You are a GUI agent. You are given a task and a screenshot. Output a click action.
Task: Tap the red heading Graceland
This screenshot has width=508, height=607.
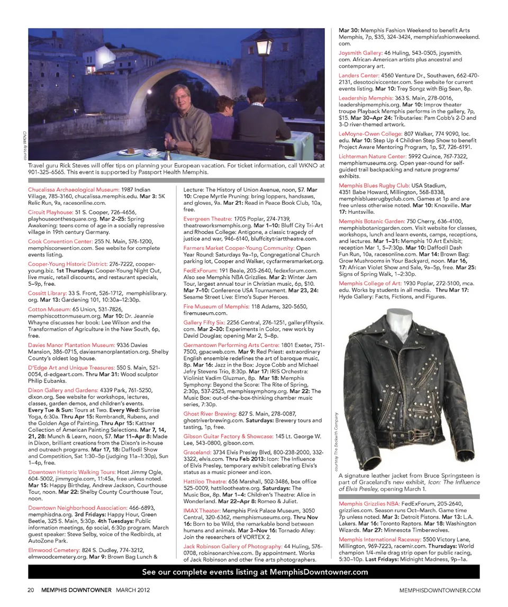(x=197, y=452)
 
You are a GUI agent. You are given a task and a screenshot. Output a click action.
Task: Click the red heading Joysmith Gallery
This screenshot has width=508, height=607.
(x=360, y=53)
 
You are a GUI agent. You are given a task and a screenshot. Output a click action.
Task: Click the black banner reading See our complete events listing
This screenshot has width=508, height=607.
(x=254, y=572)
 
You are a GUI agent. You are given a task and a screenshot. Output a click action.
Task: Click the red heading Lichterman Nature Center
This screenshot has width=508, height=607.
(x=373, y=157)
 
